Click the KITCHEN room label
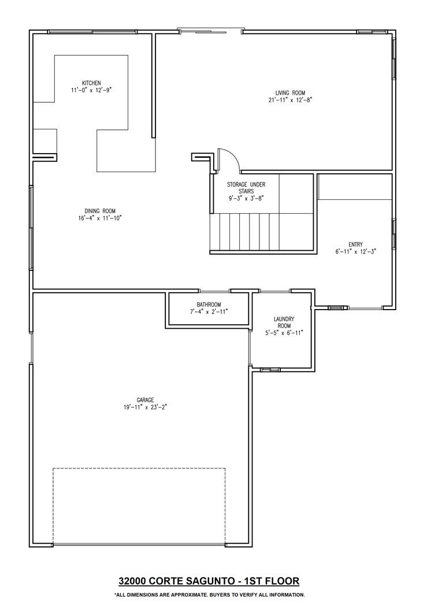91,83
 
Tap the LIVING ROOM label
290,93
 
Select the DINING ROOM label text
100,211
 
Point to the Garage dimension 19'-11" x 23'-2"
145,407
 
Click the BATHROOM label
209,304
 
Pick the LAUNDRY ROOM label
284,322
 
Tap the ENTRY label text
356,244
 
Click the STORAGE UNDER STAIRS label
246,188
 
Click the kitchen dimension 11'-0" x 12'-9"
92,90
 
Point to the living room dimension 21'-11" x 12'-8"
290,100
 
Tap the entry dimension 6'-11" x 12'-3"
356,251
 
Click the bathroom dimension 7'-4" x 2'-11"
209,311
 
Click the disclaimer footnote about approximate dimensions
209,594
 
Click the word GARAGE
145,400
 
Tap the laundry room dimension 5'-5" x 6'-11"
284,333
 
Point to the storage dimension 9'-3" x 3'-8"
246,198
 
